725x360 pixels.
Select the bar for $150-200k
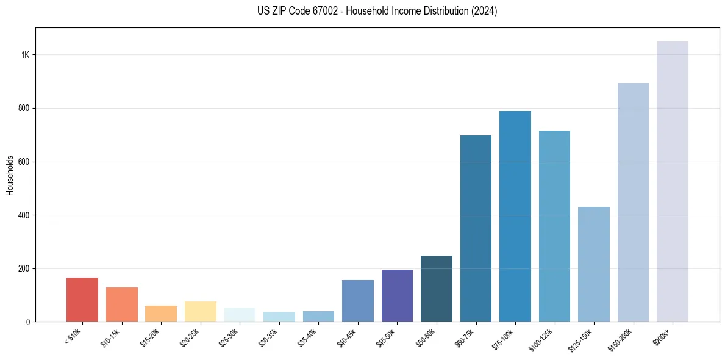[x=633, y=202]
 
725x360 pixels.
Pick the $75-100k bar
[x=515, y=216]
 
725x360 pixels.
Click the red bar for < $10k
[x=82, y=300]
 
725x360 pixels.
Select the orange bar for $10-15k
[x=121, y=304]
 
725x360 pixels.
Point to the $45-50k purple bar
[x=397, y=295]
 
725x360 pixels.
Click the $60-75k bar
[x=476, y=228]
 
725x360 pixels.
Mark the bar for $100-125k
[x=554, y=226]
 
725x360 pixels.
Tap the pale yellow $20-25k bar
[x=200, y=311]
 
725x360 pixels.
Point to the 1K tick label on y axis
[x=25, y=55]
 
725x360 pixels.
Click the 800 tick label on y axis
[x=24, y=109]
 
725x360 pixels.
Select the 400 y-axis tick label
[x=24, y=215]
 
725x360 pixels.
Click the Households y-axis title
[x=10, y=175]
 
